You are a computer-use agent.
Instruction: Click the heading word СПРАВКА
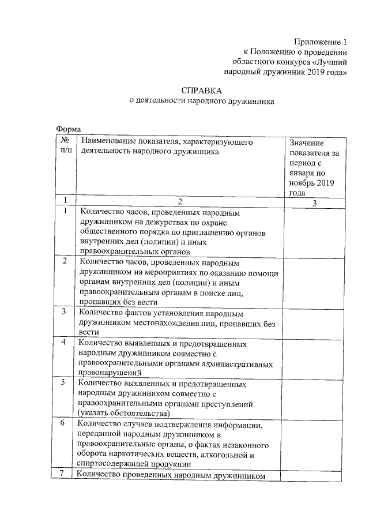coord(201,90)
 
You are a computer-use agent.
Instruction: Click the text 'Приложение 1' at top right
coord(321,42)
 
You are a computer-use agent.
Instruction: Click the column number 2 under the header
coord(180,201)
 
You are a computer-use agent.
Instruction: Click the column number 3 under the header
coord(314,202)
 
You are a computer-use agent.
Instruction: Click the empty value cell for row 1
coord(314,231)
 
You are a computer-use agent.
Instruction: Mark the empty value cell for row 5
coord(314,398)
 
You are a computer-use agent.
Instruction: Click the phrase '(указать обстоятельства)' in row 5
coord(123,414)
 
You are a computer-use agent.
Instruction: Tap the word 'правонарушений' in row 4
coord(107,373)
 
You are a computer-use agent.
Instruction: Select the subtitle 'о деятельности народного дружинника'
coord(201,101)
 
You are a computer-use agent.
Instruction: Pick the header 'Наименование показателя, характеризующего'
coord(167,141)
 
